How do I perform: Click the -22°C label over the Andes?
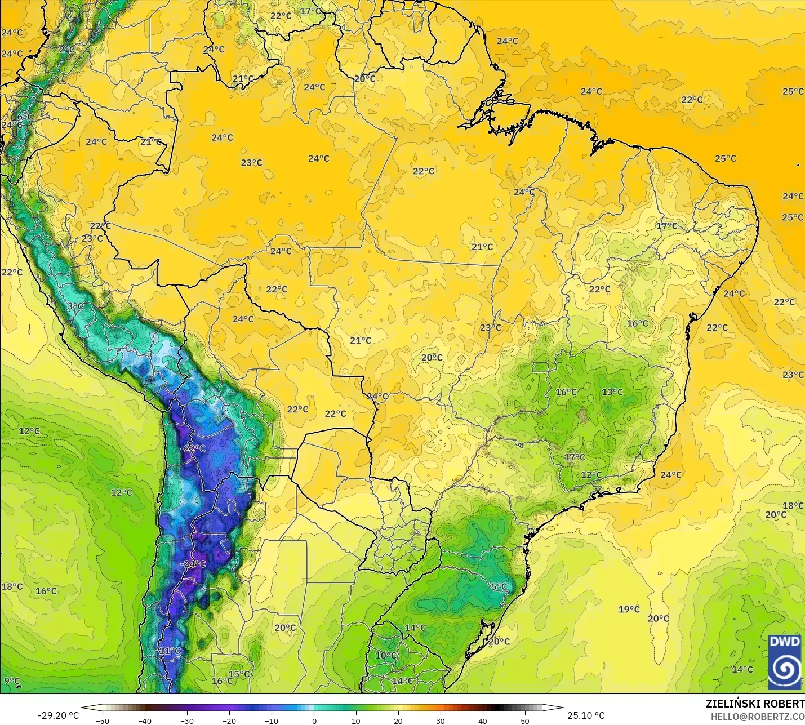tap(194, 448)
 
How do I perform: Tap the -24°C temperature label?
tap(193, 563)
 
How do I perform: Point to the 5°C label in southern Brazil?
tap(499, 586)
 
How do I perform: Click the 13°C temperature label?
tap(612, 392)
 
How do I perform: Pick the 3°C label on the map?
tap(75, 306)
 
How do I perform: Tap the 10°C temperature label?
tap(386, 656)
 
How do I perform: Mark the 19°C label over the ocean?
tap(629, 609)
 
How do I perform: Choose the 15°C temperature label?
tap(239, 674)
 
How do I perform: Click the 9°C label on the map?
tap(12, 681)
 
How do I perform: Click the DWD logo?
tap(785, 662)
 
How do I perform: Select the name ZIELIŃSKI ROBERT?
tap(755, 704)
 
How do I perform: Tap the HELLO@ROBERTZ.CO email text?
tap(757, 717)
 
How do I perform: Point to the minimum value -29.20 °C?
tap(59, 715)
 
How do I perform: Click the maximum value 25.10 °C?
tap(586, 715)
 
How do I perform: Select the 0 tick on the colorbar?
tap(314, 720)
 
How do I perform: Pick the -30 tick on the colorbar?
tap(187, 720)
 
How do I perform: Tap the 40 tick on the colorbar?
tap(483, 720)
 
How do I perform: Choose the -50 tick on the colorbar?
tap(103, 720)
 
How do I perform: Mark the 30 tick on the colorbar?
tap(441, 720)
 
